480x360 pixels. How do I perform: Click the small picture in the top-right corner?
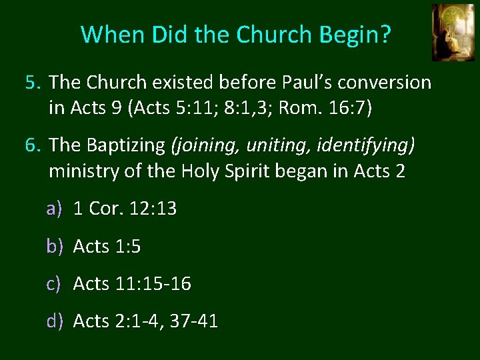click(453, 32)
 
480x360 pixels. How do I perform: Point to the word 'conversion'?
click(394, 83)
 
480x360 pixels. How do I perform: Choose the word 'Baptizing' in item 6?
click(127, 145)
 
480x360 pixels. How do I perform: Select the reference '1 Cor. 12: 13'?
click(125, 209)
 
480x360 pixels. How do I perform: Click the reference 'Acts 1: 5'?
click(107, 247)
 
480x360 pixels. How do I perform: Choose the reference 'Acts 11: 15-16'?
click(132, 284)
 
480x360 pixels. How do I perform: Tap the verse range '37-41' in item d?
click(194, 321)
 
